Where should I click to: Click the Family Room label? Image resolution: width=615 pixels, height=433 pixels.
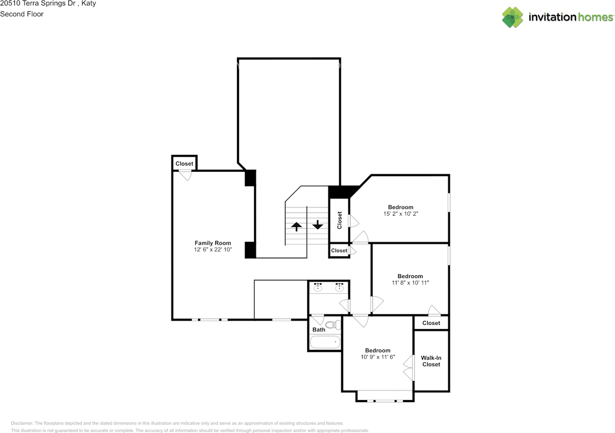click(x=213, y=243)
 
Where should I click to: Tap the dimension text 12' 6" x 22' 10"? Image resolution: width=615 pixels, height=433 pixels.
click(x=213, y=250)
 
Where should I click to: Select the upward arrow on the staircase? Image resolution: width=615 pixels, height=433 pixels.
click(x=296, y=227)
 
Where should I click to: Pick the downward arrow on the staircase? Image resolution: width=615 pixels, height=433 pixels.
click(x=318, y=225)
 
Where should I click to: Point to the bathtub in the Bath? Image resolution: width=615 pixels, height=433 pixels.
click(x=325, y=342)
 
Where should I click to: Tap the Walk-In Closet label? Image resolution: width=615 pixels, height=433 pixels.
click(x=431, y=361)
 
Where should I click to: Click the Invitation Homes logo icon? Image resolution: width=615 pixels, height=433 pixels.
click(x=512, y=17)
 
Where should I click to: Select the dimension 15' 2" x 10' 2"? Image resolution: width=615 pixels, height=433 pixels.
click(x=401, y=214)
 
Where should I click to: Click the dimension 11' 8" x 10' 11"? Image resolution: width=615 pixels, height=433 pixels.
click(x=410, y=283)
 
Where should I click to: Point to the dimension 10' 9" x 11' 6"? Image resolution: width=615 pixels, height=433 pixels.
click(x=378, y=357)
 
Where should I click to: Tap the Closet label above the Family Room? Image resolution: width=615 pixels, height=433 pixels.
click(x=184, y=164)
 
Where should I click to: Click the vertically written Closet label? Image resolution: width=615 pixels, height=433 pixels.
click(x=339, y=220)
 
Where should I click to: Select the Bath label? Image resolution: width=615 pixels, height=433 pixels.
click(x=319, y=330)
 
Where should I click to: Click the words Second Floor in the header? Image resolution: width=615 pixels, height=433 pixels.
click(x=22, y=14)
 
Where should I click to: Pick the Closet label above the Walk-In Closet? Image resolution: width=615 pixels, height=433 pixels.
click(x=431, y=323)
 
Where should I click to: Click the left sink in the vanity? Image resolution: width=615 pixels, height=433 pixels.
click(x=318, y=287)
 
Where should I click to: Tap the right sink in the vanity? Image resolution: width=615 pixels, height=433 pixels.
click(x=339, y=287)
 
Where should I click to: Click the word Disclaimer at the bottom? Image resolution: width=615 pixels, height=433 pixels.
click(x=22, y=423)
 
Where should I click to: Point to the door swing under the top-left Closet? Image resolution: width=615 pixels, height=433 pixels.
click(x=185, y=175)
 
